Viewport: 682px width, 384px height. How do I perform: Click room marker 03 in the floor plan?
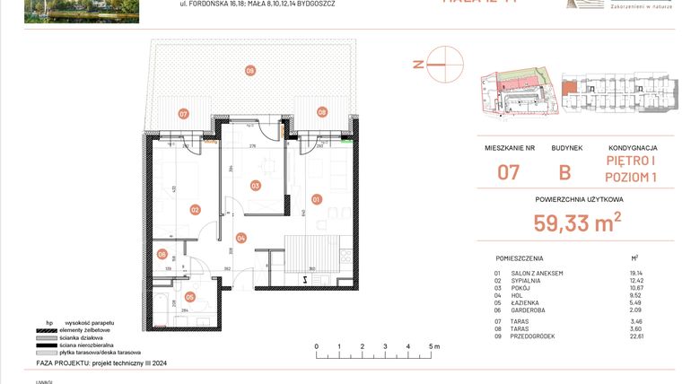[x=255, y=186]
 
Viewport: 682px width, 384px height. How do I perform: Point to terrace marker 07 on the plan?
[x=183, y=114]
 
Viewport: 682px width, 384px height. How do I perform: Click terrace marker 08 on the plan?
[x=321, y=112]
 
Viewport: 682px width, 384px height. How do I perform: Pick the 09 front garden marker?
[x=250, y=70]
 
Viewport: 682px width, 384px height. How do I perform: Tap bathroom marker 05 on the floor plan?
[x=189, y=296]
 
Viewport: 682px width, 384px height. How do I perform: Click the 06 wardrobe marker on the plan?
[x=162, y=255]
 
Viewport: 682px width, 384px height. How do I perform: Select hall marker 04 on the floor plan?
[x=240, y=238]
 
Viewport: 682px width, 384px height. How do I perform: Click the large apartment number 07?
[x=510, y=171]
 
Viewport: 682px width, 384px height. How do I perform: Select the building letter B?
[x=567, y=171]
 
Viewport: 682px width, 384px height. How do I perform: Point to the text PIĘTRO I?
[x=633, y=162]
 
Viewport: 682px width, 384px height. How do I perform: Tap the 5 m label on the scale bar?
[x=434, y=345]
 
